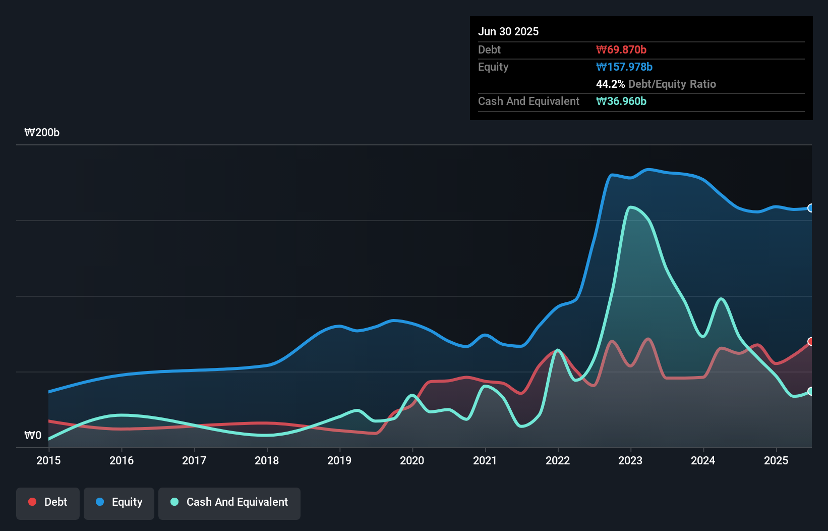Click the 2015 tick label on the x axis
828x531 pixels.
click(48, 460)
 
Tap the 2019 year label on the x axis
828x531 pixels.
click(339, 460)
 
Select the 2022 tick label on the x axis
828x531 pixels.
click(558, 460)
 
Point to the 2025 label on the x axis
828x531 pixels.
click(776, 460)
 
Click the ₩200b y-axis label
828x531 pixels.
click(42, 132)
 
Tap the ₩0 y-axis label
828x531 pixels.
click(33, 435)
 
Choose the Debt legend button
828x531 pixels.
click(48, 502)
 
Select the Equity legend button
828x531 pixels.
click(119, 502)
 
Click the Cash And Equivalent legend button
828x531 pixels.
click(229, 502)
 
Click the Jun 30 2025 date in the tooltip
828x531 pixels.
click(508, 31)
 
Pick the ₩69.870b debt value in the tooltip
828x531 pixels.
click(621, 49)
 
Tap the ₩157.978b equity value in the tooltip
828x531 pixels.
click(624, 67)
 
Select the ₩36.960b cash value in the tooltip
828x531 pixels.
click(621, 101)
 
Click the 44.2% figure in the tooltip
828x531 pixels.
click(610, 84)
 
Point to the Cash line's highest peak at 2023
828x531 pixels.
click(630, 206)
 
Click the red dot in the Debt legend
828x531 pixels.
click(32, 502)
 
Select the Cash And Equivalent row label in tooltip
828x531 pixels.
click(528, 101)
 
